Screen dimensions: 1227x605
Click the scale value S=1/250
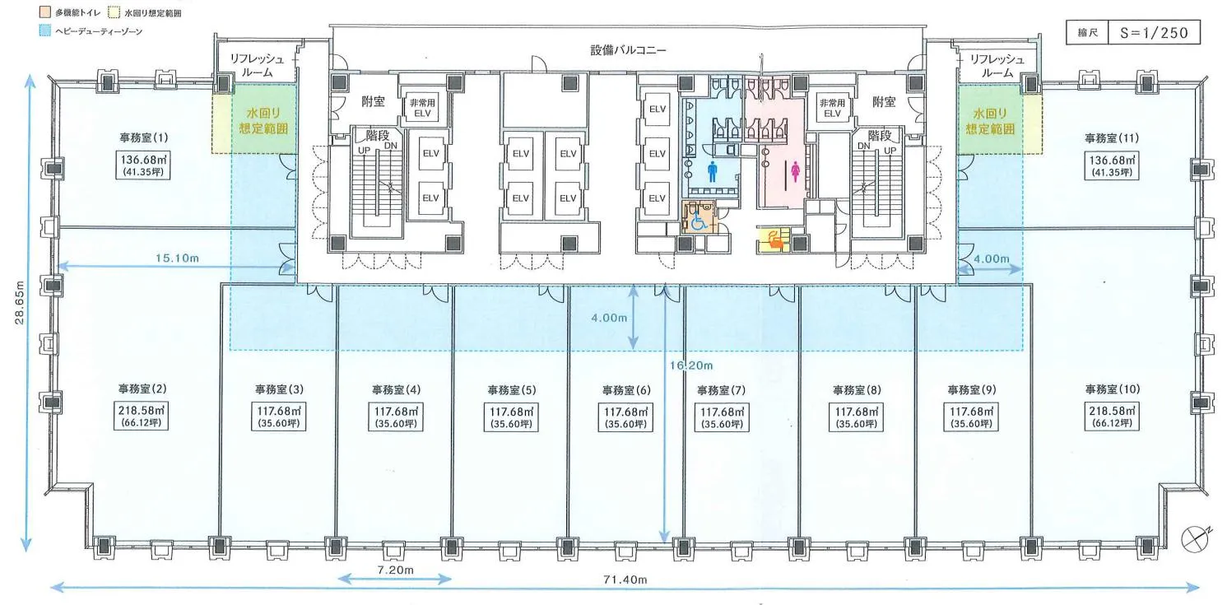[1154, 33]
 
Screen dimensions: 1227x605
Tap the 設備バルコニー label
[628, 50]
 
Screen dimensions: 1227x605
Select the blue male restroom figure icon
[712, 171]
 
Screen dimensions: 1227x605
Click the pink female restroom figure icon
[795, 171]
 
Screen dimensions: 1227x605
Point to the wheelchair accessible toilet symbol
[699, 221]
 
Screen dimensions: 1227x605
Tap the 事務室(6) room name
[626, 390]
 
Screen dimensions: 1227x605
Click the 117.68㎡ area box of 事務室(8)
[856, 417]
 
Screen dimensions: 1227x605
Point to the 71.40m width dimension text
[625, 579]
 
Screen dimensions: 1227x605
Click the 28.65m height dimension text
[19, 303]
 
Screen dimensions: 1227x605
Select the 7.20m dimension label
[396, 570]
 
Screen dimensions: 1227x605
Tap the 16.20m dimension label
[691, 365]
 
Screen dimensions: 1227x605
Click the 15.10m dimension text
[177, 258]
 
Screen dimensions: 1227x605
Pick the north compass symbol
[1195, 538]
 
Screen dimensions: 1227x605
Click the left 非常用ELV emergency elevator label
[422, 108]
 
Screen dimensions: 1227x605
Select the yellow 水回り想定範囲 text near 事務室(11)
[990, 121]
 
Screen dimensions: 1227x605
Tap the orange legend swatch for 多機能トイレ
[45, 12]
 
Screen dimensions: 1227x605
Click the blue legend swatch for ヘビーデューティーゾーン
[45, 30]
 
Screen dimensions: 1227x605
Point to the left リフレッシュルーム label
[257, 66]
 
